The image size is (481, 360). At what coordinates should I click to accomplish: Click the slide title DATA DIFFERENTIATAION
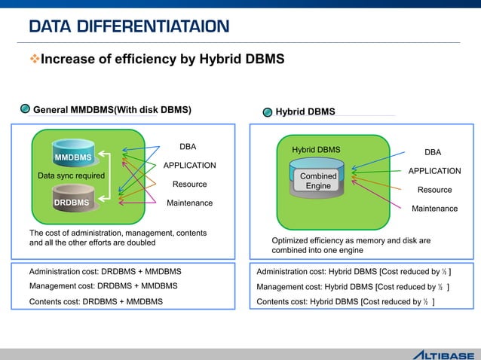129,28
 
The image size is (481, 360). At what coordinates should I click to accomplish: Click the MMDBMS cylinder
73,155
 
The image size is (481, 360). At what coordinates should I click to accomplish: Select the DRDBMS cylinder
72,201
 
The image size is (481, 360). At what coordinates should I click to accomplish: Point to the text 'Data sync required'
71,176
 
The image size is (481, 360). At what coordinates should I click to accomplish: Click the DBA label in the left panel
188,146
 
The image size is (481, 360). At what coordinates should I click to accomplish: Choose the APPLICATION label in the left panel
189,166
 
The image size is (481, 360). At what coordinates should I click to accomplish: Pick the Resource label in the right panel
434,190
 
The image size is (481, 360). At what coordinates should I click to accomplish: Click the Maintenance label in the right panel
434,209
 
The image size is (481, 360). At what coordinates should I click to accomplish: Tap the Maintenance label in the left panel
189,203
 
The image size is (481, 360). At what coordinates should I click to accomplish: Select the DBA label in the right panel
433,152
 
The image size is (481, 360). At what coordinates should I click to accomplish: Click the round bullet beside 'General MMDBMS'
25,109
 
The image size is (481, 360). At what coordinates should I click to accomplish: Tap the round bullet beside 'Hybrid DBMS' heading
267,112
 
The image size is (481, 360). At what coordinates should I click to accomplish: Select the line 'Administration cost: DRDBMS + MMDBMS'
105,271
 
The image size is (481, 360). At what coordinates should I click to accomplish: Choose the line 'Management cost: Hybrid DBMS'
353,287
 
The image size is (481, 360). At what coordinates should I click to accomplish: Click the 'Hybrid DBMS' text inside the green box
316,150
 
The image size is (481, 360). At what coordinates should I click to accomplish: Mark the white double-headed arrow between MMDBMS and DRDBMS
106,179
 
